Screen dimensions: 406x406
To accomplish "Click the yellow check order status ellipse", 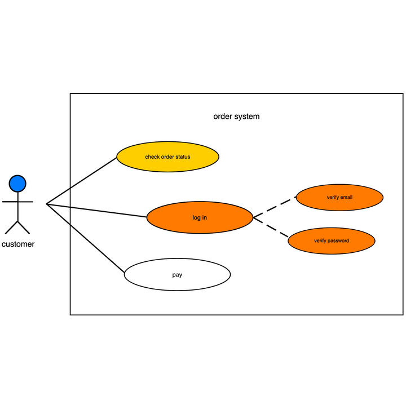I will [167, 157].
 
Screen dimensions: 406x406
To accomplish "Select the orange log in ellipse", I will [200, 217].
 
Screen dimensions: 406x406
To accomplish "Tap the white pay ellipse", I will [177, 275].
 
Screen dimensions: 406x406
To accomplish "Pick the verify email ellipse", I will [339, 198].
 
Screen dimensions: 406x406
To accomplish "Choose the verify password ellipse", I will [332, 241].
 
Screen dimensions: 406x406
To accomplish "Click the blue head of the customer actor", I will [17, 183].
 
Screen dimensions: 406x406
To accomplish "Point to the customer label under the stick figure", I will [18, 244].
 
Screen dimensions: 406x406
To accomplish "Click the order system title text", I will [236, 117].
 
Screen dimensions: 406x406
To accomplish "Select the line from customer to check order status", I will [82, 180].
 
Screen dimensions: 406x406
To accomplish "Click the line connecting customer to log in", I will [96, 210].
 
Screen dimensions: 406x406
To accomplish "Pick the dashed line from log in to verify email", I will [274, 207].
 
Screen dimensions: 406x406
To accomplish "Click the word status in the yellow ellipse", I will [182, 157].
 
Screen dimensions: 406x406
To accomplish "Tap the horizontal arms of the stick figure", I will [17, 201].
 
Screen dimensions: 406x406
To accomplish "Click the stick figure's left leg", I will [11, 227].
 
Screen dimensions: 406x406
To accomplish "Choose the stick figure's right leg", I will [24, 227].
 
